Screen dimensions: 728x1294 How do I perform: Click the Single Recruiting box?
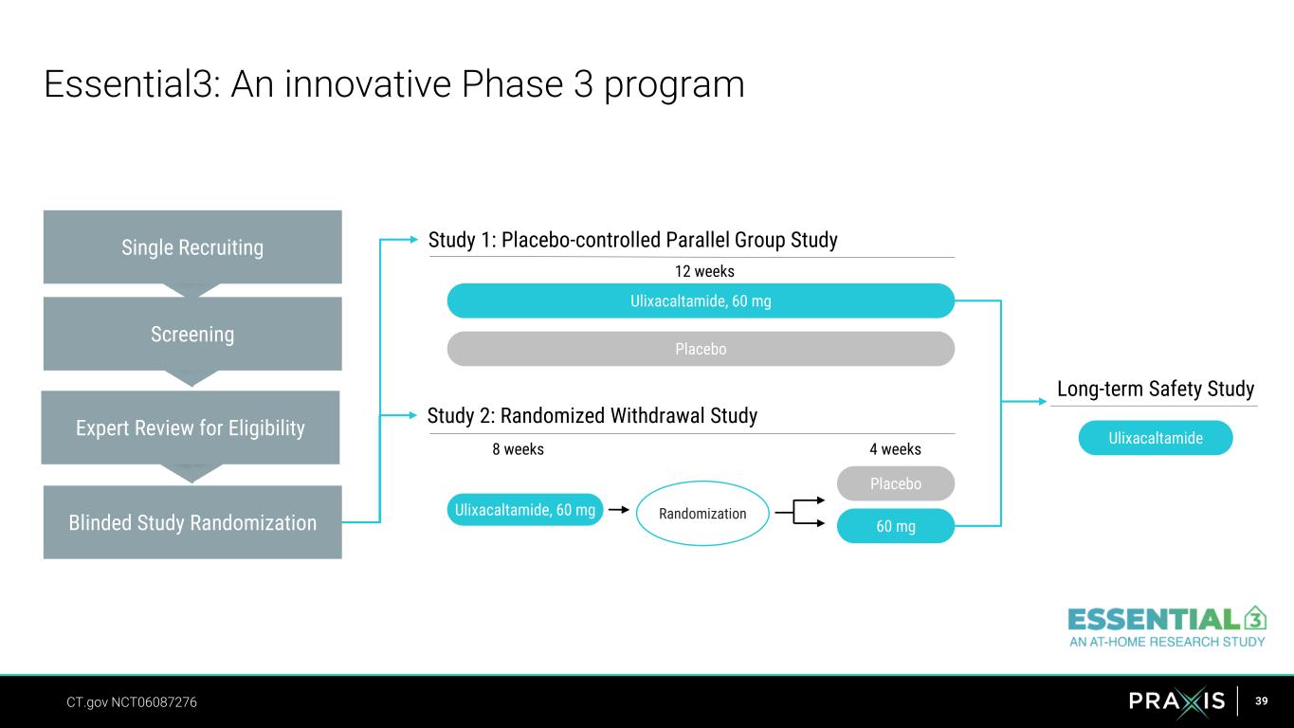(192, 247)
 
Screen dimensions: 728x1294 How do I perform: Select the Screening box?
(192, 334)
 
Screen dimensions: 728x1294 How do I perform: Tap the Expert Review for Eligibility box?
(191, 428)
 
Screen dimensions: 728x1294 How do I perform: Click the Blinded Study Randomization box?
(192, 522)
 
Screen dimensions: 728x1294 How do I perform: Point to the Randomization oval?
(702, 514)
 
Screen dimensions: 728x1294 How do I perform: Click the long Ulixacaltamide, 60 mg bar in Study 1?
(701, 300)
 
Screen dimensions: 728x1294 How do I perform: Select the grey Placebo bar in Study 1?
(701, 349)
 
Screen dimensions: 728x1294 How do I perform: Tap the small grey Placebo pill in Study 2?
(895, 483)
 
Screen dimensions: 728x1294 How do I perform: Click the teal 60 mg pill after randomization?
(895, 526)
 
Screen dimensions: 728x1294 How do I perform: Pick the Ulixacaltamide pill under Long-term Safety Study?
(1155, 438)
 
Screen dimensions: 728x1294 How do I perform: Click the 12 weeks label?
(704, 271)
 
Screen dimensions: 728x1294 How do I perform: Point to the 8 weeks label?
(518, 449)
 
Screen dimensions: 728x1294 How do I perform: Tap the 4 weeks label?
(895, 449)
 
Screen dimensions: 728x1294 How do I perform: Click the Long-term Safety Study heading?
(1155, 389)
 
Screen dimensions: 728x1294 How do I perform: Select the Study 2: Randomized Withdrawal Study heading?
(592, 415)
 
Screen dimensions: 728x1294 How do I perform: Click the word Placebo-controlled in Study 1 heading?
(581, 240)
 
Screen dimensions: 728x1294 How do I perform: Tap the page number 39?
(1261, 701)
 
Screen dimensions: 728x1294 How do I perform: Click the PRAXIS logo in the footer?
(1176, 701)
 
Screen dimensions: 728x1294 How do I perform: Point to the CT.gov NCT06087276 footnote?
(132, 702)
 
